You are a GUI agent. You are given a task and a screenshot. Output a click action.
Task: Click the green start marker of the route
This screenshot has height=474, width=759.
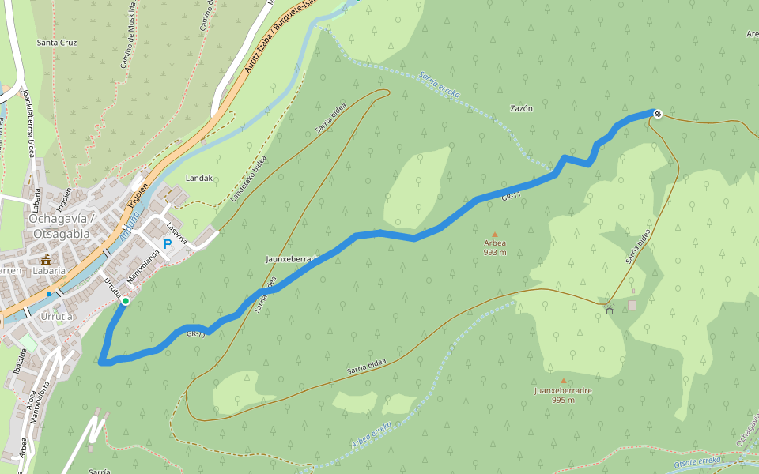(x=125, y=301)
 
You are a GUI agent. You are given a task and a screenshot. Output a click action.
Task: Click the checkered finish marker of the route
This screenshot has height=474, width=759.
(x=658, y=113)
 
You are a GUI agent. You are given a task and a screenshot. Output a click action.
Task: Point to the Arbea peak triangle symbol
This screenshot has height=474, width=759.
(x=495, y=235)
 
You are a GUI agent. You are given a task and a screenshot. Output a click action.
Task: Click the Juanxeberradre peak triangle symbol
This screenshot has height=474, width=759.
(x=563, y=380)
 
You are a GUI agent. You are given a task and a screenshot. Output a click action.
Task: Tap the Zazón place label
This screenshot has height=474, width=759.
(x=521, y=108)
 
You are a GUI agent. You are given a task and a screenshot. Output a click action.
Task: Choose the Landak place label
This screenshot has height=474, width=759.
(x=198, y=179)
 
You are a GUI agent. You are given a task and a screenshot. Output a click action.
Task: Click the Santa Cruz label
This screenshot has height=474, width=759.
(x=57, y=42)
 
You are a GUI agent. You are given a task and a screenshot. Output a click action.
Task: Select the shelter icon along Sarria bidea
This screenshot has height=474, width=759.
(x=609, y=310)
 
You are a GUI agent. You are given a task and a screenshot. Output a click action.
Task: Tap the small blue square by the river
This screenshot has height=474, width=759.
(x=49, y=294)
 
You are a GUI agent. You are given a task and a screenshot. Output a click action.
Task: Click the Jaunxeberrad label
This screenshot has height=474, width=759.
(x=291, y=258)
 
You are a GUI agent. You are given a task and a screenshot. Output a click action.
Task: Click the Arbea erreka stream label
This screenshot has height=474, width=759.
(x=372, y=436)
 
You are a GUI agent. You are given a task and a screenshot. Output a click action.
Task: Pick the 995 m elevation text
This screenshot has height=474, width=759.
(x=563, y=401)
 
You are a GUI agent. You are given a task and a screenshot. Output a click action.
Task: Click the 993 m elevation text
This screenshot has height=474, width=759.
(x=495, y=253)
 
